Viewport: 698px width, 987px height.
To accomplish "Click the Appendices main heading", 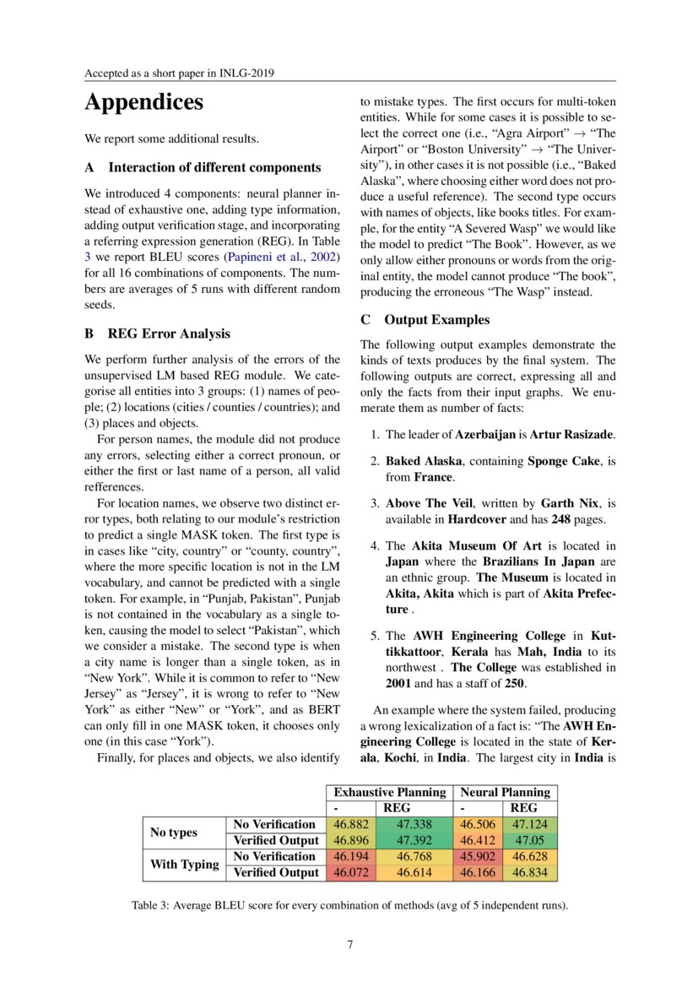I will [x=143, y=104].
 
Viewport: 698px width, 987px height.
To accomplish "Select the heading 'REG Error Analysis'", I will [x=169, y=334].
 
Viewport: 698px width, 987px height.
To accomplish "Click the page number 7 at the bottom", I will [x=349, y=944].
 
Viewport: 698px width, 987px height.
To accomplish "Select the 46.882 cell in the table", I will [x=349, y=824].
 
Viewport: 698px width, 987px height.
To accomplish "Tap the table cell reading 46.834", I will [x=530, y=872].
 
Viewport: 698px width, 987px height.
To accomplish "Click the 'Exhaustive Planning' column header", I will [x=389, y=792].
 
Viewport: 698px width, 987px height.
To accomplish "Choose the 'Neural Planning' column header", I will [x=504, y=792].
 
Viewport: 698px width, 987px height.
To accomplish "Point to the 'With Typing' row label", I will [x=184, y=865].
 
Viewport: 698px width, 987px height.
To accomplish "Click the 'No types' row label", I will [x=173, y=832].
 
